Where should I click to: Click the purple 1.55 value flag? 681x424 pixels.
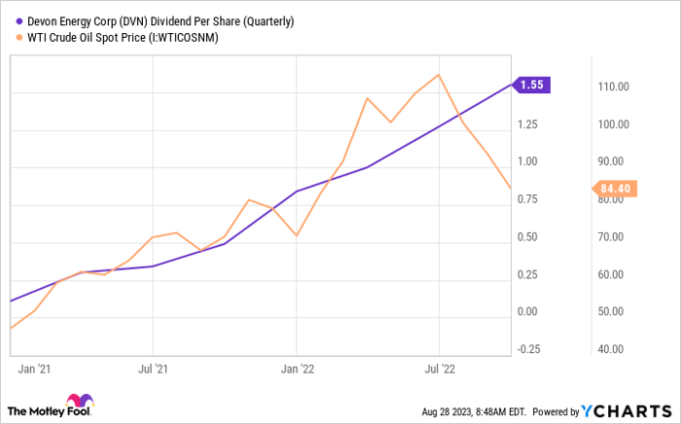533,85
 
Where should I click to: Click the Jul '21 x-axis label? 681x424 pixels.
153,369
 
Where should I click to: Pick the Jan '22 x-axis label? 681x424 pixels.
297,369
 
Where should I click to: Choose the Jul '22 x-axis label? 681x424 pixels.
440,369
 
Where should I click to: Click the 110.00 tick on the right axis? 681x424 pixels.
616,87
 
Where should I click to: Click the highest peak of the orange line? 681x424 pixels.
440,75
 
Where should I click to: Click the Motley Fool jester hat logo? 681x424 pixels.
78,404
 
